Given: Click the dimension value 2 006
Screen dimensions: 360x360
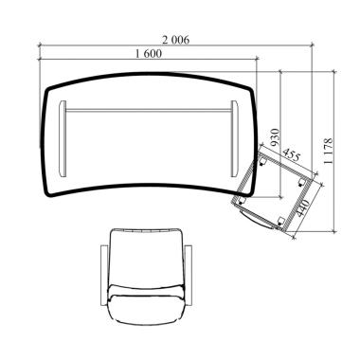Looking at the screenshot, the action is [x=176, y=40].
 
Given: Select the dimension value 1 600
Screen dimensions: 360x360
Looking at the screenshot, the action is [x=149, y=54].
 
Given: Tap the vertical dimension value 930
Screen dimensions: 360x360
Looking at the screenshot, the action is [x=276, y=137].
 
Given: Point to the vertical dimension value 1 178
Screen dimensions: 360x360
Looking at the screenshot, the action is [x=328, y=151].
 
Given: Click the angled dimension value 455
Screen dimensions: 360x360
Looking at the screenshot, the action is [x=291, y=154].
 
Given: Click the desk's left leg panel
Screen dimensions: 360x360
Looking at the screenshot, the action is [x=63, y=139].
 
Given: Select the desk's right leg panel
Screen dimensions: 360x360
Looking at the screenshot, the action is [x=234, y=139].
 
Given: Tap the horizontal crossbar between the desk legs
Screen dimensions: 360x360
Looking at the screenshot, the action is [x=149, y=111].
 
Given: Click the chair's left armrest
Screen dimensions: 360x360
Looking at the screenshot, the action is [x=104, y=276].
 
